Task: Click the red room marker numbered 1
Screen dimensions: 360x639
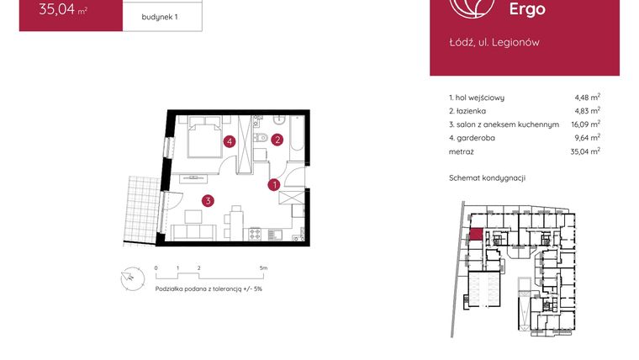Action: coord(274,184)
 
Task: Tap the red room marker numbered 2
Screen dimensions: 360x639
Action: coord(276,140)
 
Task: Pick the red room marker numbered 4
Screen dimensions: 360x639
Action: coord(229,142)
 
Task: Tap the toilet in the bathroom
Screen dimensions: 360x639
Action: coord(262,138)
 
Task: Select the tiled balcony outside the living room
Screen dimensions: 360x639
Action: coord(141,208)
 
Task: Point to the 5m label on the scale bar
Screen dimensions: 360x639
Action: coord(264,267)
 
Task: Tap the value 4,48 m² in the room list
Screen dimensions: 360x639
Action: coord(586,97)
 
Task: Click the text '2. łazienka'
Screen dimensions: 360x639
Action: coord(467,110)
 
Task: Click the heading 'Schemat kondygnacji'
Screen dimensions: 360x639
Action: coord(488,177)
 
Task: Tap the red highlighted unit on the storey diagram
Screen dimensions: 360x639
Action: coord(476,235)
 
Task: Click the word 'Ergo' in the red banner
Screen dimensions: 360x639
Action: coord(526,10)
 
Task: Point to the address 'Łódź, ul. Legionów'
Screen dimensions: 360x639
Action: coord(494,42)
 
